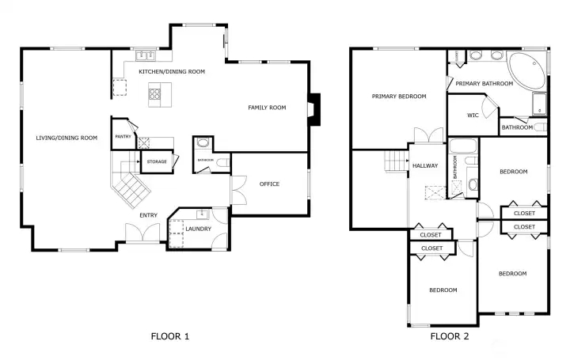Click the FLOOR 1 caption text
(x=169, y=336)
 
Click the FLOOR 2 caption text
(x=450, y=336)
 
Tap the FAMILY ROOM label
(x=267, y=108)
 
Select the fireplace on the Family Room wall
(x=315, y=109)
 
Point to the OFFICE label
(x=269, y=184)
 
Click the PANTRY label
(x=123, y=137)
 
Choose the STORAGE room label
(x=156, y=162)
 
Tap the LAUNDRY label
(x=198, y=229)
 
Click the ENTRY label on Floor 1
(x=148, y=215)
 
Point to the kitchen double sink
(x=145, y=55)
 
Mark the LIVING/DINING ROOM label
(x=66, y=138)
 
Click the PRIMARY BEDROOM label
(x=399, y=97)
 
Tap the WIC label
(x=473, y=116)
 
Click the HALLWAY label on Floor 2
(x=426, y=166)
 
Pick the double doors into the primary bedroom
(x=427, y=135)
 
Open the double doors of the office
(x=234, y=191)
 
